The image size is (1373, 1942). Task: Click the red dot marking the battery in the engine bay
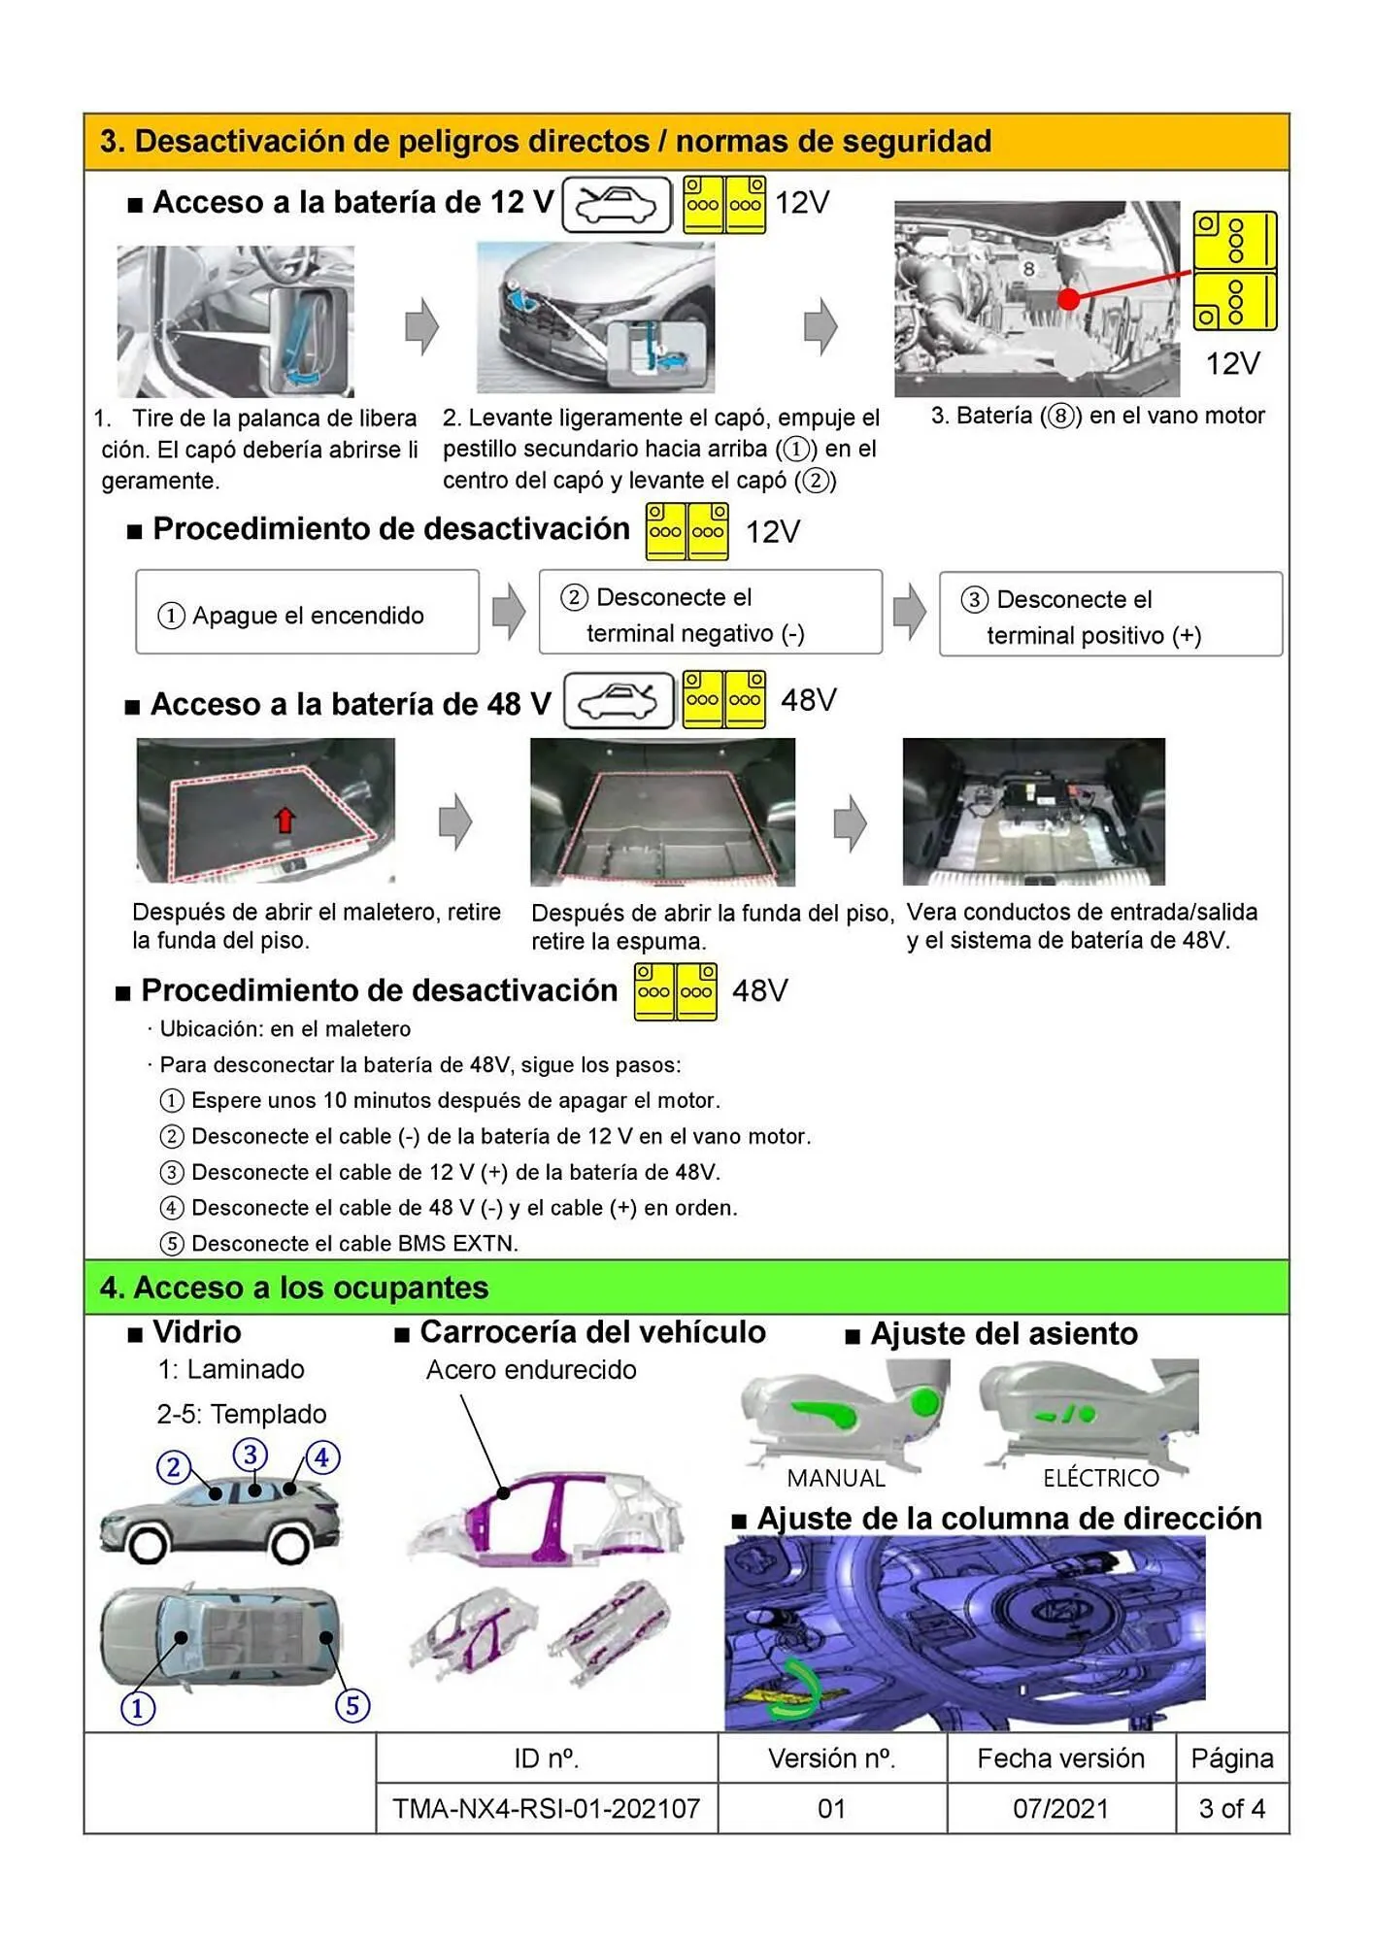[1068, 299]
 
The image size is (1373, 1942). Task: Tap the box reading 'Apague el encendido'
[307, 613]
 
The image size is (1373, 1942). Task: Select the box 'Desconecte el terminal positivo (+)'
[1110, 615]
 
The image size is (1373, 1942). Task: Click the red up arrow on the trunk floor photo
[285, 820]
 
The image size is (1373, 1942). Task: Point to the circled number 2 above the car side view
[174, 1466]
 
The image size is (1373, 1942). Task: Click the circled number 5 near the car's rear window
[352, 1705]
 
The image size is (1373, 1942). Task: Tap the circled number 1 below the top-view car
[138, 1708]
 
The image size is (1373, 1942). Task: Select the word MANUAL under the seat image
[836, 1478]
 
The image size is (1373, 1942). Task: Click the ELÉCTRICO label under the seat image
[1101, 1478]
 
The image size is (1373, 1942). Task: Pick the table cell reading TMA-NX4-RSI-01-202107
[547, 1808]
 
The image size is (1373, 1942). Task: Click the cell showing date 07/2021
[1060, 1808]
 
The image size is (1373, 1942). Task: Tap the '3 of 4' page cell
[1231, 1808]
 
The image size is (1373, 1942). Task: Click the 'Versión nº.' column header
[832, 1758]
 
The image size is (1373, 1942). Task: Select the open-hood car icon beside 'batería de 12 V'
[617, 205]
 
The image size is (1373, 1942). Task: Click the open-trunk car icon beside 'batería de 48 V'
[619, 700]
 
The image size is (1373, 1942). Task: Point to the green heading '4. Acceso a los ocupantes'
[294, 1287]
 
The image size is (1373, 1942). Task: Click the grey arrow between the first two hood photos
[421, 326]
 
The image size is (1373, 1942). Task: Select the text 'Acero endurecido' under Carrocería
[531, 1369]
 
